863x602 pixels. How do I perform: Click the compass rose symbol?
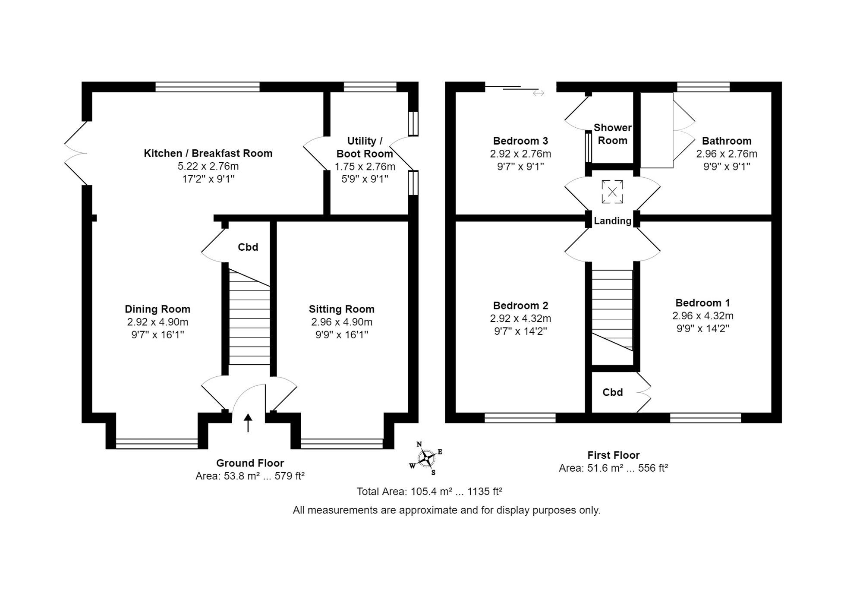pos(426,458)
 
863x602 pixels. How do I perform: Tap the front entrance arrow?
pos(248,423)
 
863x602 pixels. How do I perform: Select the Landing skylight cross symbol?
pos(612,192)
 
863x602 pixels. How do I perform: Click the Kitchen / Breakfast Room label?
pos(208,153)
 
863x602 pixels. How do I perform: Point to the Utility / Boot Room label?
pos(365,147)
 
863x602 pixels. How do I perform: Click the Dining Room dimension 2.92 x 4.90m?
pos(157,322)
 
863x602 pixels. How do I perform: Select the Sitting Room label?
pos(341,309)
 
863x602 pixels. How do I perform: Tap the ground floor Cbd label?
pos(248,247)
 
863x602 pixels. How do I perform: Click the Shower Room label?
pos(612,134)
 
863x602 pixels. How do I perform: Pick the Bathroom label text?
pos(727,141)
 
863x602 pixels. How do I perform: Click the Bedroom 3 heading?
pos(520,141)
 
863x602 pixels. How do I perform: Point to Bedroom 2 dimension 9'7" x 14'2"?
pos(520,331)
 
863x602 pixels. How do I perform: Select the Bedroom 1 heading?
pos(702,303)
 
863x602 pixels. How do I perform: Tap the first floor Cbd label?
pos(612,392)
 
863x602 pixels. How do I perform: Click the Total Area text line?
pos(429,492)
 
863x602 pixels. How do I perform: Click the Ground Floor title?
pos(250,463)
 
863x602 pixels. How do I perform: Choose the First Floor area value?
pos(613,468)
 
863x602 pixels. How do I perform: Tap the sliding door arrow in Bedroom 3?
pos(538,93)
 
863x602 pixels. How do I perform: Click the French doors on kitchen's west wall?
pos(76,153)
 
